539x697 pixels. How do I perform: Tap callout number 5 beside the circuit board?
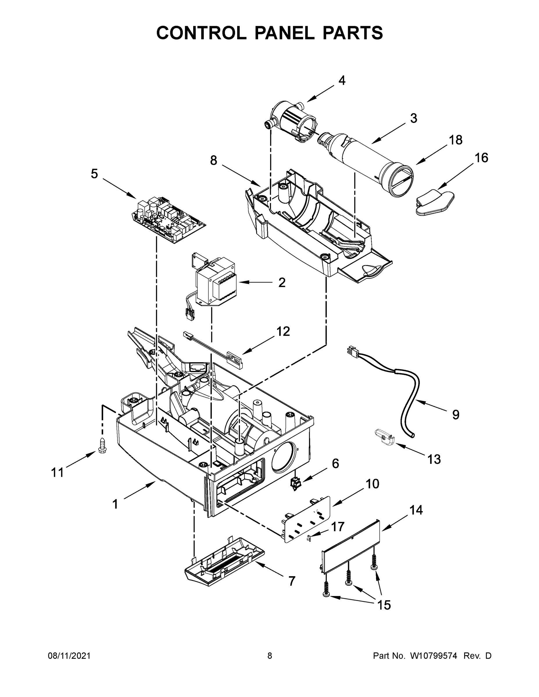coord(94,174)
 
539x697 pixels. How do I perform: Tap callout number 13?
coord(434,459)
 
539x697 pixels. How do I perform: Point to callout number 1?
coord(115,504)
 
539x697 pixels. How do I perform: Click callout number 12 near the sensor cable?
coord(283,331)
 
